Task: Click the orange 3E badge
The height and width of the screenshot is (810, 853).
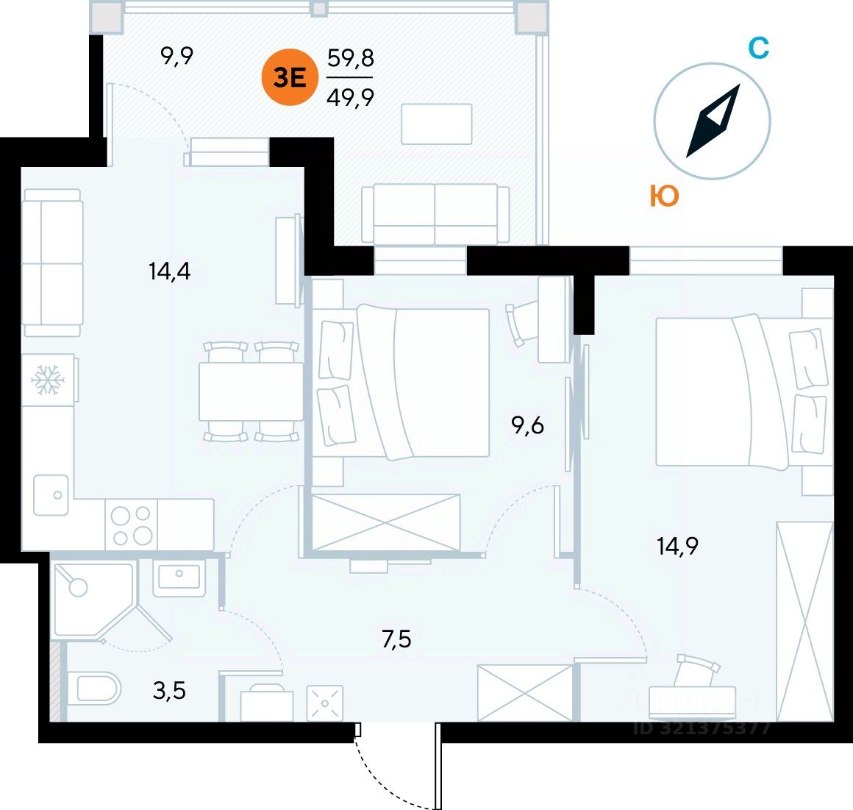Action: (290, 78)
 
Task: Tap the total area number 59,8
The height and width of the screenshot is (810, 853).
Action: (350, 58)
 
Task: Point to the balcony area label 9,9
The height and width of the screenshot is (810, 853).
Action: (176, 55)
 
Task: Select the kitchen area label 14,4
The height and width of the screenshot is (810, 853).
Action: (169, 271)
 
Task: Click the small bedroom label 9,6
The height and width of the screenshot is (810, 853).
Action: (528, 425)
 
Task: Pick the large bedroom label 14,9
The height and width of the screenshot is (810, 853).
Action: (677, 547)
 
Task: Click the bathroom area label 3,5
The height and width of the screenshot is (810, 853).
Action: (170, 691)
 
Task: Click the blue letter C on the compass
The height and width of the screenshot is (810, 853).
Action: (758, 49)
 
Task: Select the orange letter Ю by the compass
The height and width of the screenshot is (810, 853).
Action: (664, 196)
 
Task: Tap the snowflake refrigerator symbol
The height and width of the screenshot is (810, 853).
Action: (48, 380)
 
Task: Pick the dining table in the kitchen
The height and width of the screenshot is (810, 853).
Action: (251, 391)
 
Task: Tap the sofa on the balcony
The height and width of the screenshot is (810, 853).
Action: (435, 213)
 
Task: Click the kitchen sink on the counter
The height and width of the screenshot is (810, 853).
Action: (51, 494)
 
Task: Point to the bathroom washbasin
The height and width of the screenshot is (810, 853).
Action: (177, 577)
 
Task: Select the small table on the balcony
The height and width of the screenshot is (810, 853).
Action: (436, 124)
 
